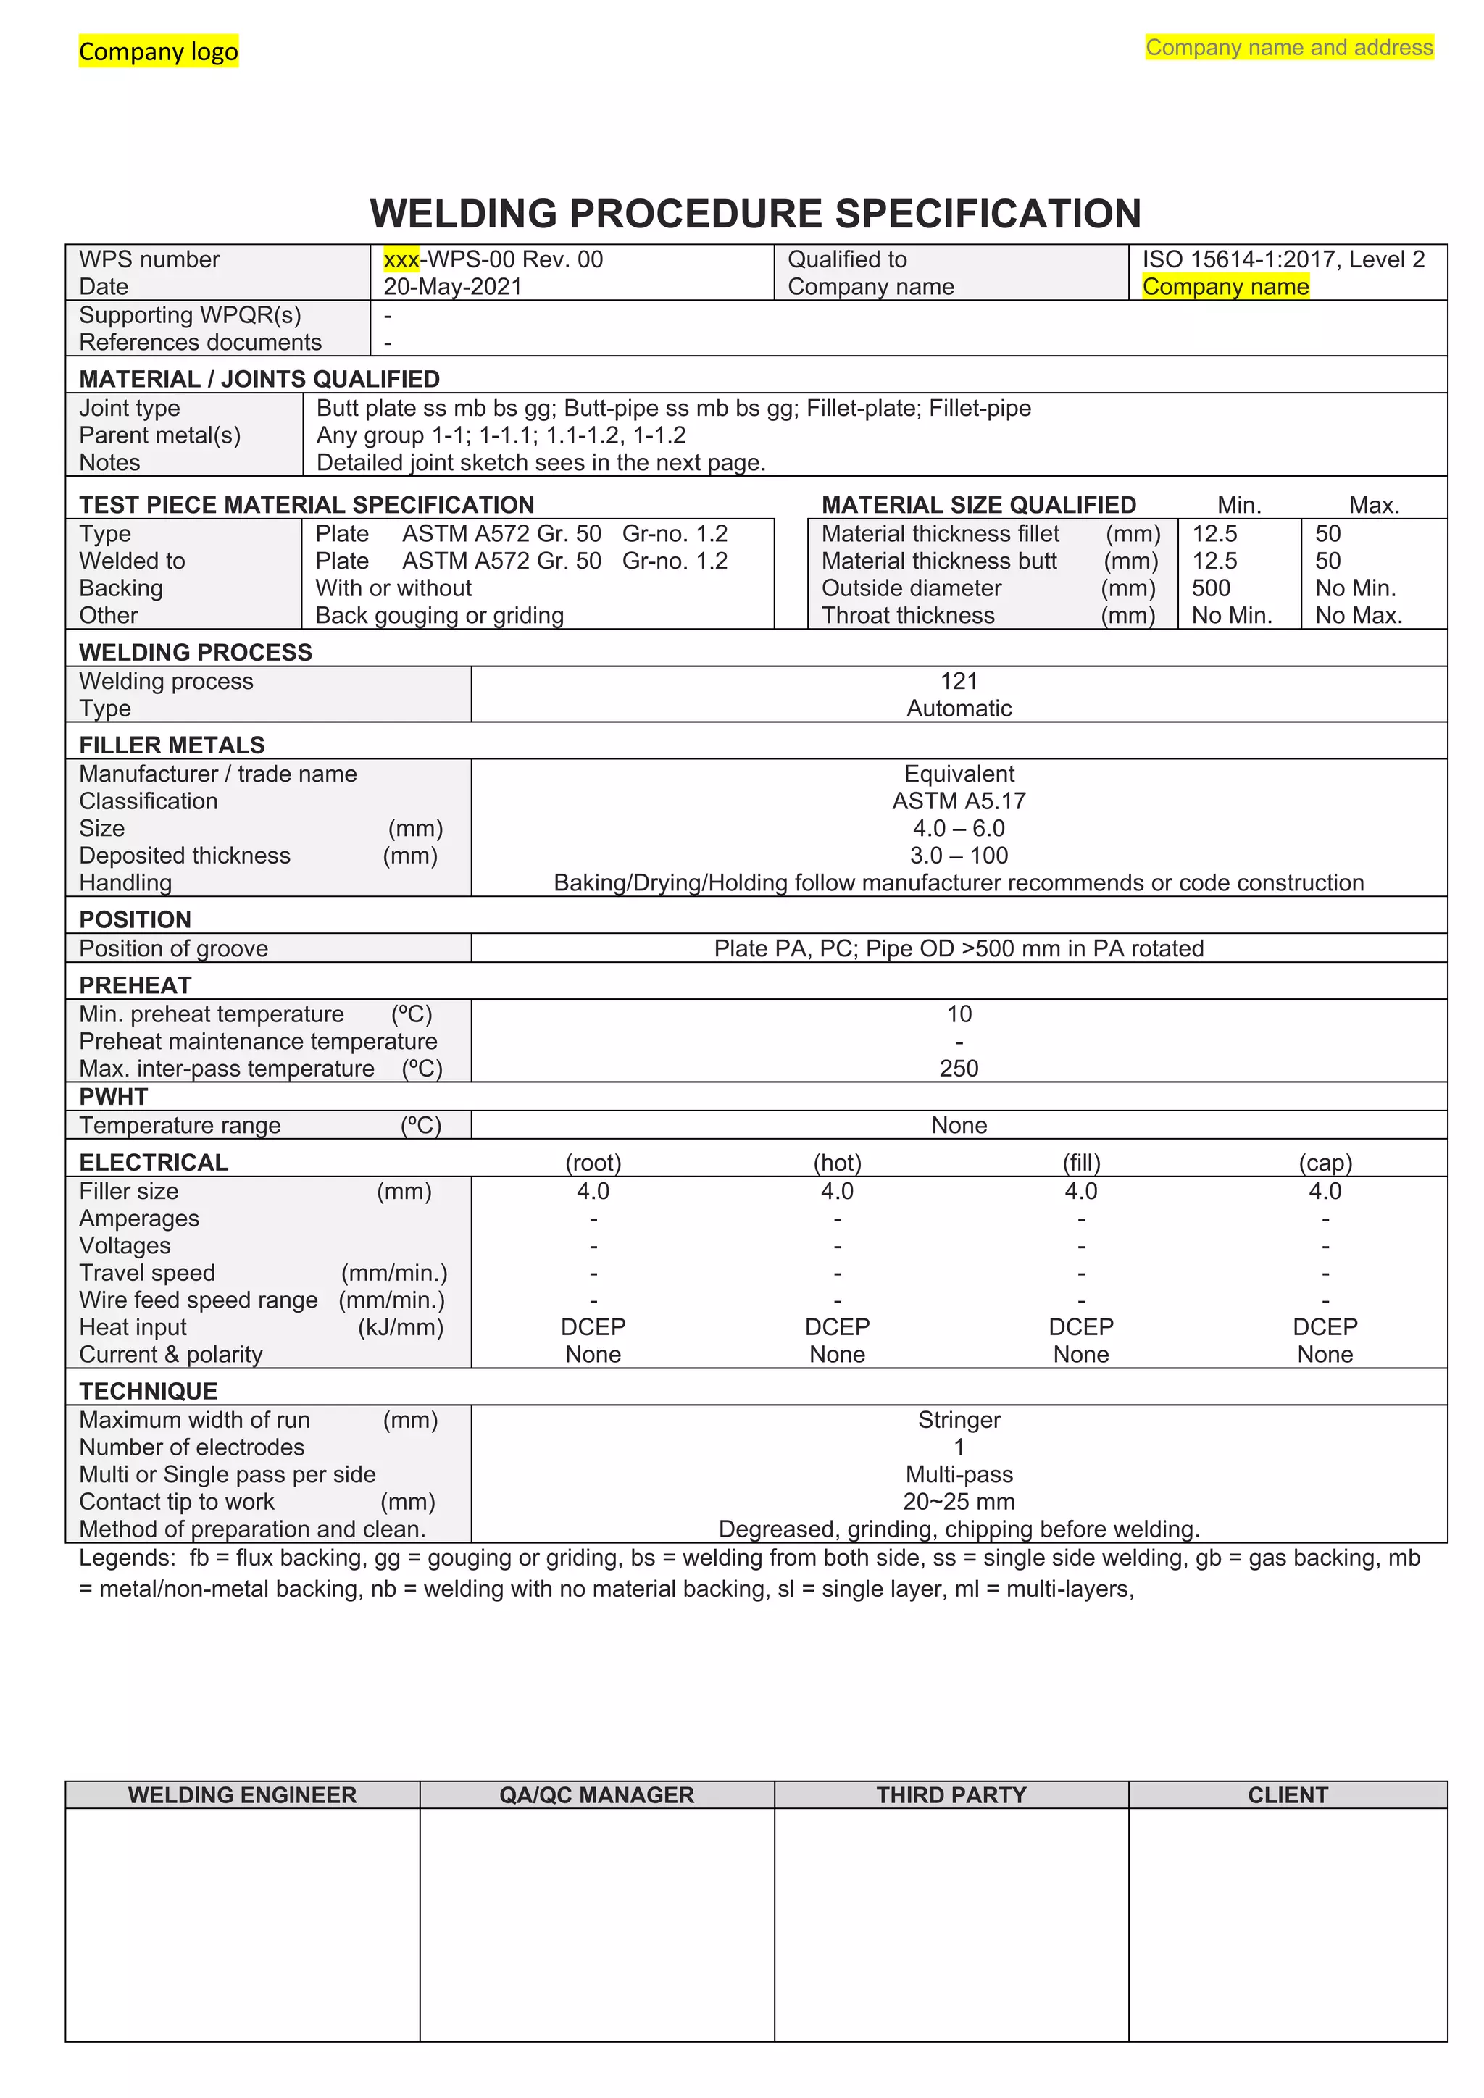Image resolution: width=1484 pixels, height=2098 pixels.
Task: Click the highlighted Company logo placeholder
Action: tap(158, 51)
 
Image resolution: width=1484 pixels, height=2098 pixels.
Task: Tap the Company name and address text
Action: tap(1288, 48)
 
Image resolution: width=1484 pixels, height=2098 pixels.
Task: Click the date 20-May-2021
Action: tap(452, 287)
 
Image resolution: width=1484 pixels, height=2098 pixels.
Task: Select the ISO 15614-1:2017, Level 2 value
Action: tap(1283, 259)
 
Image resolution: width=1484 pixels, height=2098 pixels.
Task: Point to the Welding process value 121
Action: tap(959, 681)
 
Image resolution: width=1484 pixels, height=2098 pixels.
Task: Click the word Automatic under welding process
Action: tap(959, 709)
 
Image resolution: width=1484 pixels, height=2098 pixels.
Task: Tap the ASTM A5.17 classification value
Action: tap(959, 801)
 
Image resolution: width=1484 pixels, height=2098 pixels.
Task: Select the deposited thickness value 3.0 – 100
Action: tap(959, 856)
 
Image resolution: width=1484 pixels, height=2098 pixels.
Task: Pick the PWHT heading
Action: tap(113, 1097)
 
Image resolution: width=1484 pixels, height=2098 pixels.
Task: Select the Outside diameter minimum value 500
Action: tap(1211, 588)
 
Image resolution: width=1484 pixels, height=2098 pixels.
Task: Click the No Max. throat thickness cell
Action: tap(1358, 616)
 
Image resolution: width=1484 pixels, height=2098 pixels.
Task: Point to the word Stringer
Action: tap(959, 1420)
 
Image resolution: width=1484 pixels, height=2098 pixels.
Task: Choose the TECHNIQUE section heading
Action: tap(148, 1391)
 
